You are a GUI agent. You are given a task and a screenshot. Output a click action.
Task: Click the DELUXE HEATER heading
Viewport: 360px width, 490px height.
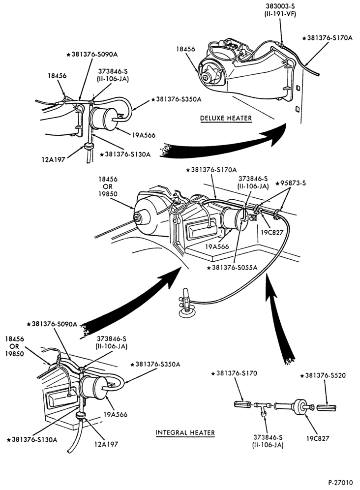[226, 118]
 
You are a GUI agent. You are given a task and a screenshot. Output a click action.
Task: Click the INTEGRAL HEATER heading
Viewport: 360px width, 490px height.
[185, 433]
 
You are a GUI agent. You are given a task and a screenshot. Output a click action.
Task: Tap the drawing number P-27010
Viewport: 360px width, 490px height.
[340, 482]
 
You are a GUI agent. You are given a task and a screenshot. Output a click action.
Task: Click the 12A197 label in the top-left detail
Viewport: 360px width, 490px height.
[54, 159]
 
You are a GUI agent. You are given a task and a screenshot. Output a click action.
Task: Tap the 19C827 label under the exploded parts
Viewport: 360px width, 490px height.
[318, 438]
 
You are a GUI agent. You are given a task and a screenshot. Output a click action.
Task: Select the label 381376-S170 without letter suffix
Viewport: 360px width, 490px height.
[235, 373]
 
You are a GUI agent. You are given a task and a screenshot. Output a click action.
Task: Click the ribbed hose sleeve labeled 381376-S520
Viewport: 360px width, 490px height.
[327, 408]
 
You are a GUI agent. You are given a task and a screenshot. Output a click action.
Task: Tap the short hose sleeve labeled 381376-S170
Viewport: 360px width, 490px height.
[242, 404]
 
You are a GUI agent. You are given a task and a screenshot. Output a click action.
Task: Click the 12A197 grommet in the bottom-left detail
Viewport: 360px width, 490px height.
[81, 416]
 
